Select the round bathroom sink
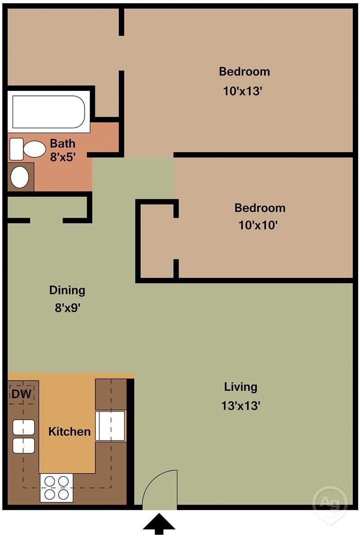coord(20,177)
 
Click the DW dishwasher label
coord(21,394)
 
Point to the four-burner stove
coord(56,488)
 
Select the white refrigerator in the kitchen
coord(110,425)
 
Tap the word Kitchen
coord(69,432)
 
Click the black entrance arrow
coord(159,525)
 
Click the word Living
coord(241,387)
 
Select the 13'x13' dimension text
coord(241,406)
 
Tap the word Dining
coord(67,290)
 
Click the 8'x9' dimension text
coord(67,309)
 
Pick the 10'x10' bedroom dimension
coord(257,225)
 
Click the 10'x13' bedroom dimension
coord(243,91)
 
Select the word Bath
coord(63,144)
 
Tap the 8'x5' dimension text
coord(63,157)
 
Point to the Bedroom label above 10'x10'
coord(260,208)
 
